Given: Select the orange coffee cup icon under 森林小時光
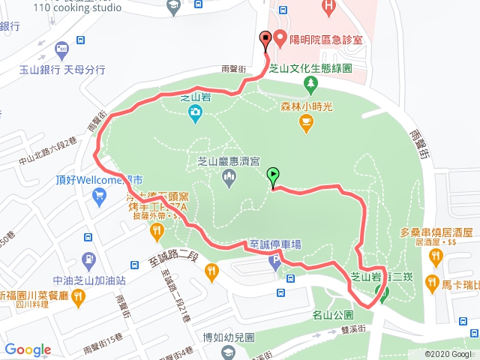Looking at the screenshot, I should point(306,124).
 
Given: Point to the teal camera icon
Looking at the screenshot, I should point(195,113).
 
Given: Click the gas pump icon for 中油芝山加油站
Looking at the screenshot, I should point(88,259).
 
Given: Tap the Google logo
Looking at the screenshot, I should point(28,349).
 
